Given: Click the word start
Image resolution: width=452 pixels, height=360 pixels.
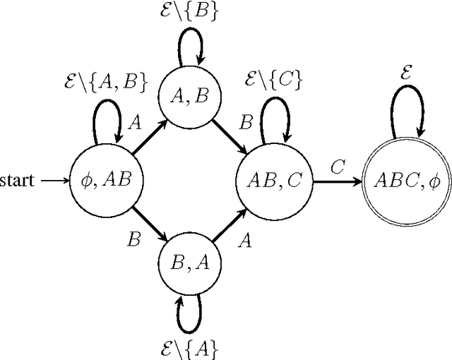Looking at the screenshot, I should click(x=16, y=181).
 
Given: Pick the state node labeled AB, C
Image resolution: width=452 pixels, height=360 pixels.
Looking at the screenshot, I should click(x=273, y=181).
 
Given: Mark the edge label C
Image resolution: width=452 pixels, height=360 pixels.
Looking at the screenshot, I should click(x=338, y=167).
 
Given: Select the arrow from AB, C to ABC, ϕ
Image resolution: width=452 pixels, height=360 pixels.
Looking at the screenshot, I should click(x=335, y=181).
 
